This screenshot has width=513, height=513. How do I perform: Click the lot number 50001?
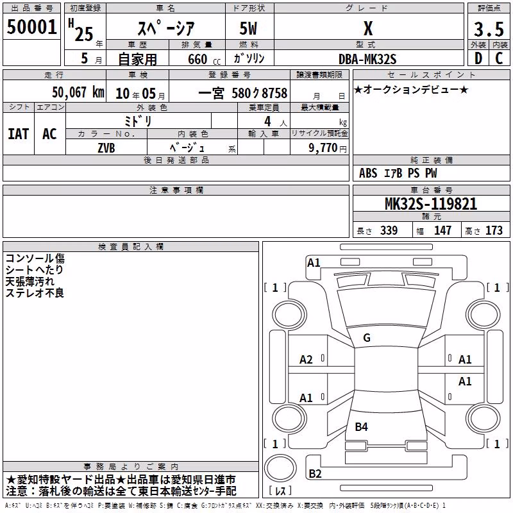(x=31, y=27)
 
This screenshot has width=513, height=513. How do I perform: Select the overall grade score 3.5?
(x=489, y=29)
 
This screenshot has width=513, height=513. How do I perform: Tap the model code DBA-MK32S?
(x=367, y=59)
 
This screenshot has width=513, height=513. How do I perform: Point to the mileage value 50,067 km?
(x=78, y=92)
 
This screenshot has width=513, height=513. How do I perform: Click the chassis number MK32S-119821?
(x=431, y=204)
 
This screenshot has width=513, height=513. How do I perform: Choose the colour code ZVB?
(x=106, y=148)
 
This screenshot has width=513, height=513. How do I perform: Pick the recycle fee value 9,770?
(x=323, y=147)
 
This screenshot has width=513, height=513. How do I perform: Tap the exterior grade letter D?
(x=478, y=58)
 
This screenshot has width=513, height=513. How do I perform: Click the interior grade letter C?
(x=499, y=58)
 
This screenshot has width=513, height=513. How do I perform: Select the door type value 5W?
(x=248, y=28)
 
